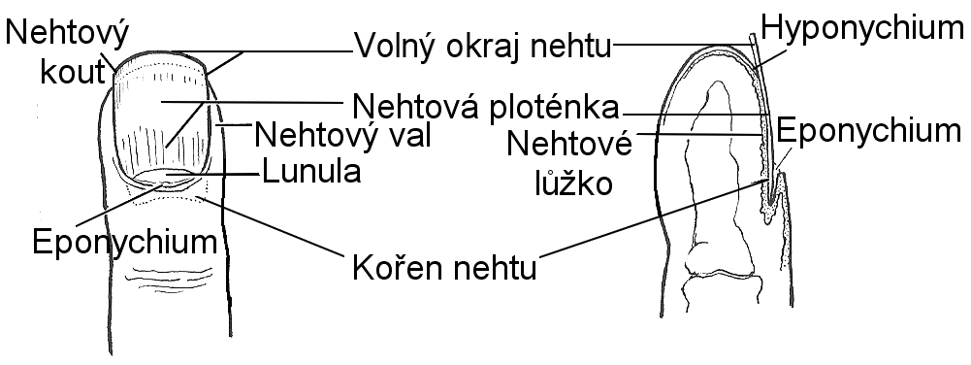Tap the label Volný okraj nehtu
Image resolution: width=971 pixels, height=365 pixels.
482,46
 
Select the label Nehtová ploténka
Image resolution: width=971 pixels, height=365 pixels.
485,106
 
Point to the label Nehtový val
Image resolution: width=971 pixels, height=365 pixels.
342,135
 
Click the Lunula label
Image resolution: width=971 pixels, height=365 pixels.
311,172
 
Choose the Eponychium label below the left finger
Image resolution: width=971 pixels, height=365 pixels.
125,242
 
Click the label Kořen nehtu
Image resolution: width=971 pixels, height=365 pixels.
444,268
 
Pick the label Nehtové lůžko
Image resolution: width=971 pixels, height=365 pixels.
569,163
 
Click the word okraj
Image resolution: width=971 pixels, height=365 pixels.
494,47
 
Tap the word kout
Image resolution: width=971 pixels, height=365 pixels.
72,72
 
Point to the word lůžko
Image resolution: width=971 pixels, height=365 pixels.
573,182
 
